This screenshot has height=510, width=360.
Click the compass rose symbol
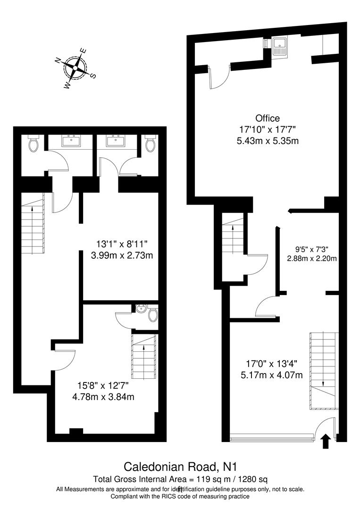(x=75, y=68)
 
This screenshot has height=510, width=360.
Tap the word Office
(x=268, y=118)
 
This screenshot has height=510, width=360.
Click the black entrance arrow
(x=325, y=442)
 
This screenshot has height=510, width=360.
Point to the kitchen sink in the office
(x=282, y=46)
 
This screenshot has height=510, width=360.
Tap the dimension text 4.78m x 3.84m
(x=103, y=397)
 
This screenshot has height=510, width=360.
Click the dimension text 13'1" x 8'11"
(x=122, y=244)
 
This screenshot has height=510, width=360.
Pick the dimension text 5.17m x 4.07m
(x=274, y=375)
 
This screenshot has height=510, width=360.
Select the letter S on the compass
(x=93, y=76)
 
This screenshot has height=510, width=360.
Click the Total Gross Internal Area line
(x=180, y=479)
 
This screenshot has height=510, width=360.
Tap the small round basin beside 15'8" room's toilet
(x=141, y=310)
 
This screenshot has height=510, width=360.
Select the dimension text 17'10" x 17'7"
(x=268, y=129)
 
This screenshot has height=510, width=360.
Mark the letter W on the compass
(x=67, y=86)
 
